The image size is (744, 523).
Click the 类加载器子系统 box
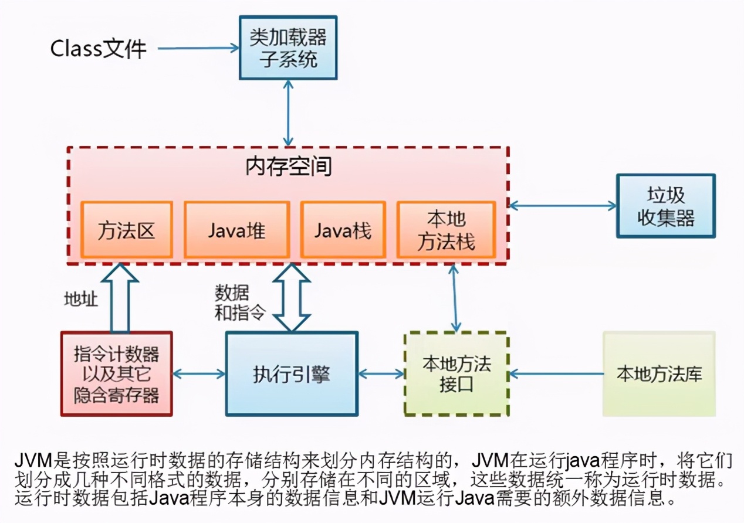288,47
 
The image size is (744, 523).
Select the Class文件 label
98,49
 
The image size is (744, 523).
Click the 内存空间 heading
288,167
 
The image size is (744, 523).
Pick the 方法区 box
126,230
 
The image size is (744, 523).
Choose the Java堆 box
236,230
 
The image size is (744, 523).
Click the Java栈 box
343,230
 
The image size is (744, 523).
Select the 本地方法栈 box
446,230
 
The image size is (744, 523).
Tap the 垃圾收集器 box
665,206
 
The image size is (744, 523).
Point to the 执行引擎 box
292,373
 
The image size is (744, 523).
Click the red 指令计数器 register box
116,373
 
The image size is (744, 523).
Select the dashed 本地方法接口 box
456,373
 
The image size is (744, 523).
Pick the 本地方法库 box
659,373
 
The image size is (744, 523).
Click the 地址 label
80,299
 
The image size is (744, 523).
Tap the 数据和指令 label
232,303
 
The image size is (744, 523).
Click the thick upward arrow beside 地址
120,298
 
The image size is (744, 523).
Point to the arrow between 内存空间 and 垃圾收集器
563,206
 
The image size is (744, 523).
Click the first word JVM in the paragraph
32,459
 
